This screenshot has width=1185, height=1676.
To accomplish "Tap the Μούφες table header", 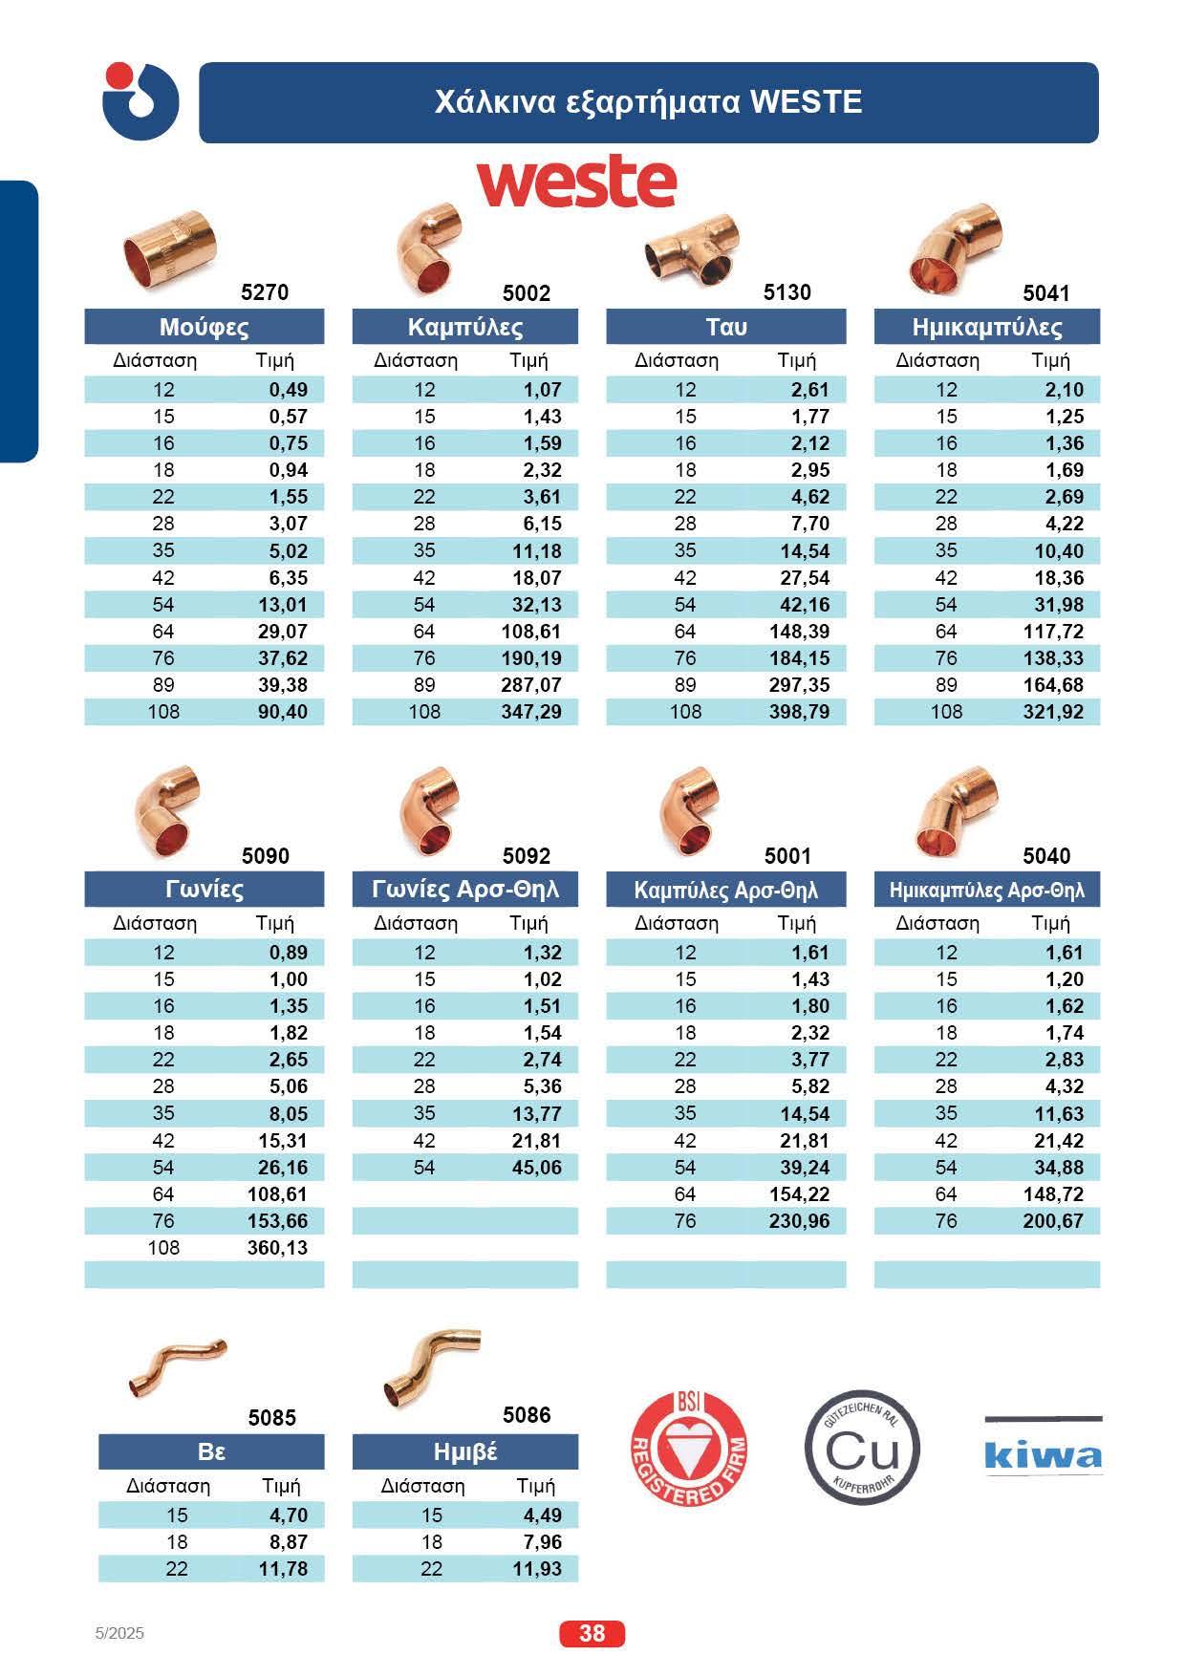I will [204, 328].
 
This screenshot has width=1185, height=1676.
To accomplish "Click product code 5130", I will [787, 292].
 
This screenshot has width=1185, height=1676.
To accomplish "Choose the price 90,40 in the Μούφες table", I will [283, 712].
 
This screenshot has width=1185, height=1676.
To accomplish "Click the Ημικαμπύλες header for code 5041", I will [986, 328].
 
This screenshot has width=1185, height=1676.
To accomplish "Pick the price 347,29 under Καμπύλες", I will [531, 712].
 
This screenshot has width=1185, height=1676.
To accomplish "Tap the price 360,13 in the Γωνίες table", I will [277, 1248].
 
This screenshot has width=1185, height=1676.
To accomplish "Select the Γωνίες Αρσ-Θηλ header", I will [464, 890].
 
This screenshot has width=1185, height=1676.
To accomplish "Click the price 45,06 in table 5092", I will [537, 1168].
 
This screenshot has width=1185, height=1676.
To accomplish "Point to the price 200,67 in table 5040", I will [1053, 1221].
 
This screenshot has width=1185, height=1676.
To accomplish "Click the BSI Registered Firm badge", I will [690, 1450].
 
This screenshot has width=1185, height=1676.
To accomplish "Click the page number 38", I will [592, 1633].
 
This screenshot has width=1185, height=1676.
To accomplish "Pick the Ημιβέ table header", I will [464, 1452].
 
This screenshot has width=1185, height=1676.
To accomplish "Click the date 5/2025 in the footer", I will [120, 1634].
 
